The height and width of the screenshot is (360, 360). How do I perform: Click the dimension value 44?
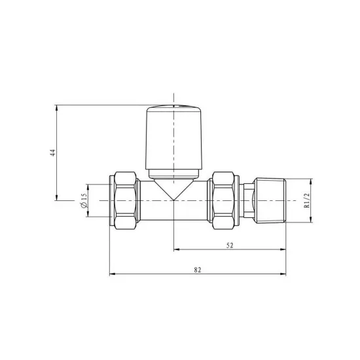[x=53, y=153]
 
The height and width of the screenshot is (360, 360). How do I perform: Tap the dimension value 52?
[x=230, y=245]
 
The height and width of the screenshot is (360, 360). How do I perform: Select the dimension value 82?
[x=198, y=270]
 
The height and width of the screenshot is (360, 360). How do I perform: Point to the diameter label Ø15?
[x=84, y=200]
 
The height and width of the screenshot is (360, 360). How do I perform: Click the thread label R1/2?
[x=307, y=200]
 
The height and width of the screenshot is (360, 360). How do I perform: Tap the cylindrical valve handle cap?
[x=174, y=137]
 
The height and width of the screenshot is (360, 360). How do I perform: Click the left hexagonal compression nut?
[x=125, y=200]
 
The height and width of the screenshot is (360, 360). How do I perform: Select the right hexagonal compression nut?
[x=223, y=200]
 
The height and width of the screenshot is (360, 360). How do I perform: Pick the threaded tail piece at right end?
[x=270, y=200]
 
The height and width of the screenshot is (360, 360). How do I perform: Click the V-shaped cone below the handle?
[x=174, y=190]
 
